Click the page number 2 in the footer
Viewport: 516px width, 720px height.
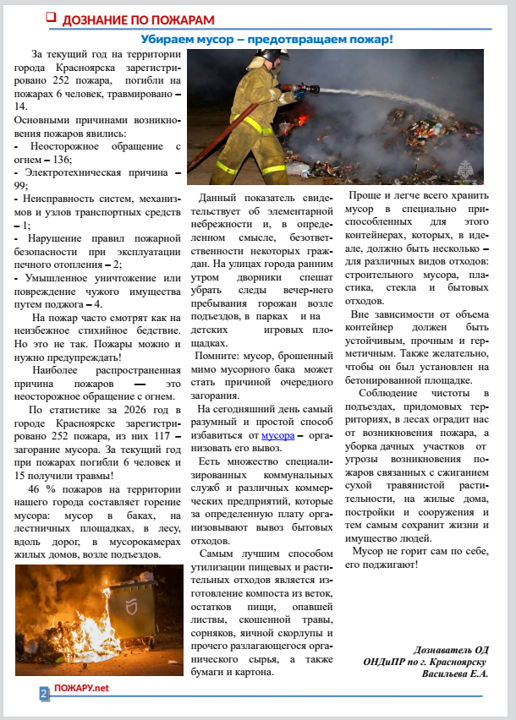43,693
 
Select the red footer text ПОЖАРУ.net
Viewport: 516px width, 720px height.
81,688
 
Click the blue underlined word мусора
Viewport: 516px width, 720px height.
277,435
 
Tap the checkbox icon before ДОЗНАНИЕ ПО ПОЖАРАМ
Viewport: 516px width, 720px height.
51,18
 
